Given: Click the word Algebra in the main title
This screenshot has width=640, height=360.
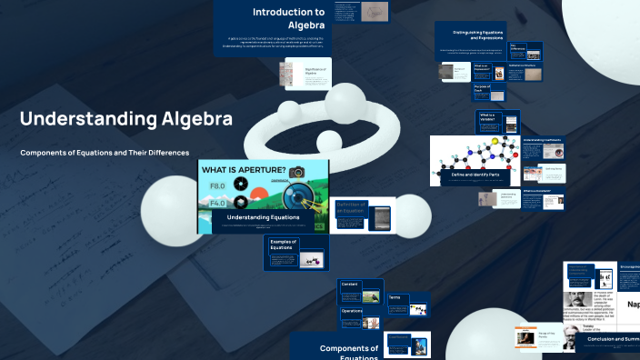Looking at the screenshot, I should (x=197, y=119).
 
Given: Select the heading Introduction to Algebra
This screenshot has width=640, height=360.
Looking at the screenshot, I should (x=288, y=18).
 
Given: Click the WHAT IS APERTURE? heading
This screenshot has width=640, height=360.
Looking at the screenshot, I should (x=244, y=171).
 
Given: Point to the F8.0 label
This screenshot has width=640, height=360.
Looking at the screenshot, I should (x=217, y=186).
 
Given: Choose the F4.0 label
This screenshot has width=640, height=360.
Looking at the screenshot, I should (x=217, y=204).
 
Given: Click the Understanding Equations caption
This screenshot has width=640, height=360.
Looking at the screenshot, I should (x=263, y=217).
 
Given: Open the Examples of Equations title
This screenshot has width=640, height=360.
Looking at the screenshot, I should (x=283, y=245).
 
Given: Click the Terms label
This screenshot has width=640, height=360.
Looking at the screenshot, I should (x=395, y=297).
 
